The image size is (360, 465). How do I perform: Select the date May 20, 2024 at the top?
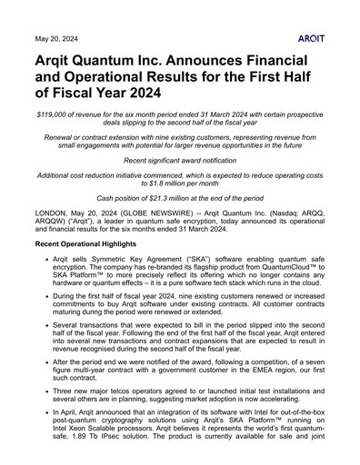(54, 40)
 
